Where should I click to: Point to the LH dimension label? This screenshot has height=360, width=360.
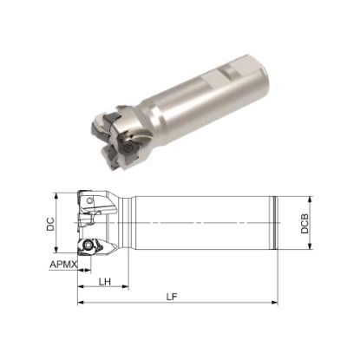pos(104,281)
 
